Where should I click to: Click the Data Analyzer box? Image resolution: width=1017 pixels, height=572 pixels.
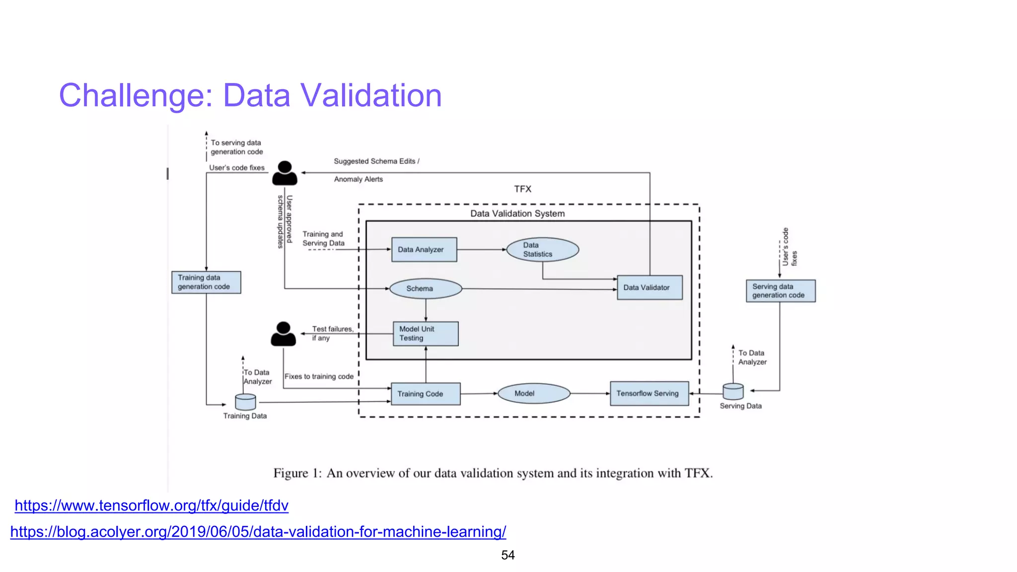tap(424, 249)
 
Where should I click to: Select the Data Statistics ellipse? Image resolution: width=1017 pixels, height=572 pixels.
tap(542, 249)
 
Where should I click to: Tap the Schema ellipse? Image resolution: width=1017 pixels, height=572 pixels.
tap(426, 288)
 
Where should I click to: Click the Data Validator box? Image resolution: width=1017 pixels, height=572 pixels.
tap(649, 287)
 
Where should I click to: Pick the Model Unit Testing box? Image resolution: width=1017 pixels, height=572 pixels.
tap(425, 334)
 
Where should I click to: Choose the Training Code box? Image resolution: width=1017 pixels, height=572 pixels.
tap(425, 394)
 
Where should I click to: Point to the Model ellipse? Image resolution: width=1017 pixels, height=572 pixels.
tap(533, 393)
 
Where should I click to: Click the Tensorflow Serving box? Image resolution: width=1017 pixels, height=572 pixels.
tap(649, 393)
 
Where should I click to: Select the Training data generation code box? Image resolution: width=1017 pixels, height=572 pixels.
tap(206, 282)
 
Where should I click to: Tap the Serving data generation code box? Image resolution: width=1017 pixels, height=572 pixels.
tap(780, 290)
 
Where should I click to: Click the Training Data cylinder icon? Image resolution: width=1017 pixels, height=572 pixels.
tap(245, 402)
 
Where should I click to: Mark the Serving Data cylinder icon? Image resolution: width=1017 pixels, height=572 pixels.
tap(733, 392)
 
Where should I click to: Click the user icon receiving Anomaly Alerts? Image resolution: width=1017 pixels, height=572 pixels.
tap(285, 173)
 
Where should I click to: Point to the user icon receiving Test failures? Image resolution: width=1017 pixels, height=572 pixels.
tap(283, 334)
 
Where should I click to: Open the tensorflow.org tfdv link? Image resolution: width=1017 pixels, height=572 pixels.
tap(151, 505)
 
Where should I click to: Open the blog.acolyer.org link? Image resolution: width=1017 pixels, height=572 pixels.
tap(258, 532)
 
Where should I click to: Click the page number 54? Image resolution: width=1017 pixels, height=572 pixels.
tap(508, 555)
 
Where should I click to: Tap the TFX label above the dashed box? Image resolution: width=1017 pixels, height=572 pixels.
tap(522, 189)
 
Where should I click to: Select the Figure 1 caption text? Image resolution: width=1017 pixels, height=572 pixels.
tap(493, 473)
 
